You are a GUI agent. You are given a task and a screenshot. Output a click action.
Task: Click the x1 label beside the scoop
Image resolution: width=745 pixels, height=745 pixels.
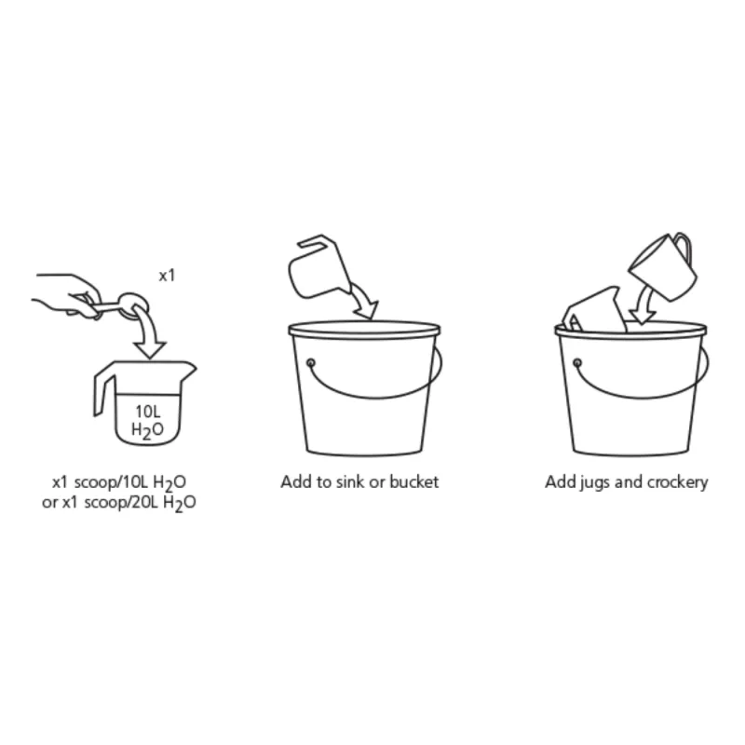click(x=167, y=276)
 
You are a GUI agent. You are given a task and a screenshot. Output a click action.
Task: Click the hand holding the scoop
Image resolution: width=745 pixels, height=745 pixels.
click(x=66, y=294)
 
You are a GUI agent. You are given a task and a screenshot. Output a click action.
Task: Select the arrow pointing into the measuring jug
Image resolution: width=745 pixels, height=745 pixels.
click(x=147, y=332)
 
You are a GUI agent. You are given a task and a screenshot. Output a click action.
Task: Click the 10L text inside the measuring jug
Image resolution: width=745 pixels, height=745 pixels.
click(x=148, y=412)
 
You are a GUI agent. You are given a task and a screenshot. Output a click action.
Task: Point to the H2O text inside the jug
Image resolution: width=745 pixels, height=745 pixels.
click(x=147, y=430)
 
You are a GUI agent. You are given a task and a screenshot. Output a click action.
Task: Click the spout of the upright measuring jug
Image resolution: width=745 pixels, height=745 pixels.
click(x=189, y=368)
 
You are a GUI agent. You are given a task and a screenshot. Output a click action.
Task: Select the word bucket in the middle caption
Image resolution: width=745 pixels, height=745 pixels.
click(x=413, y=481)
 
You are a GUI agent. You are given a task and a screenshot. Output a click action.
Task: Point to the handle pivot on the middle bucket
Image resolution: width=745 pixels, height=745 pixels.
click(x=311, y=363)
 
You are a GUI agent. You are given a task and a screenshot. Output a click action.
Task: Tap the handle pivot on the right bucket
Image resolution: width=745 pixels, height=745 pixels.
click(x=577, y=363)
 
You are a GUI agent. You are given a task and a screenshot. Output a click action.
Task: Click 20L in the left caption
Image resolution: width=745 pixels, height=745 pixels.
click(x=145, y=502)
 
